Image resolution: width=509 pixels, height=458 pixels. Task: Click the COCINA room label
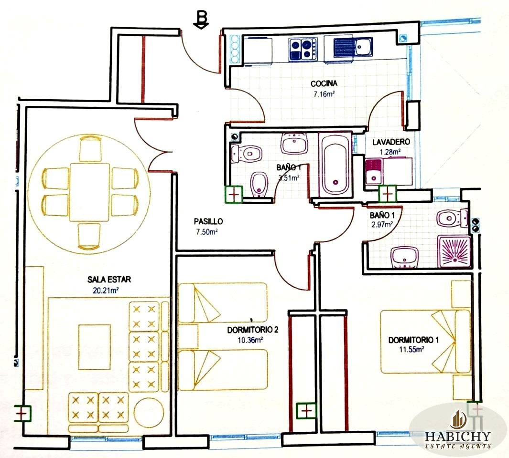click(324, 83)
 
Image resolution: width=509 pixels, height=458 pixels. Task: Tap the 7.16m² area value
click(324, 94)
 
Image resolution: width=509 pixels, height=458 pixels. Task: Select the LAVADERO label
click(391, 142)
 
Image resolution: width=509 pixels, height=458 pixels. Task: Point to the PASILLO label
click(208, 221)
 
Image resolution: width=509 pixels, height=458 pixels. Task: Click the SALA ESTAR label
click(109, 280)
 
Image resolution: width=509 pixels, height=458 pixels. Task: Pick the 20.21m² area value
click(106, 291)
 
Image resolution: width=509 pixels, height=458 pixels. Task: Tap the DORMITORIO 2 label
click(252, 330)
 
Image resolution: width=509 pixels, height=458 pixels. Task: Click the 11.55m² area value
click(412, 350)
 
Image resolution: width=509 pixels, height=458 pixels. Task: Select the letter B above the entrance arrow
click(202, 17)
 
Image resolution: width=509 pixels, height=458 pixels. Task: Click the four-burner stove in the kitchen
click(303, 49)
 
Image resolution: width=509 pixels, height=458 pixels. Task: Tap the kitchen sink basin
click(364, 46)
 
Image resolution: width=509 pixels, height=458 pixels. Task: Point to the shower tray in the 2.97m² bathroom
click(454, 251)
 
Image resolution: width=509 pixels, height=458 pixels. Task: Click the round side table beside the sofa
click(148, 413)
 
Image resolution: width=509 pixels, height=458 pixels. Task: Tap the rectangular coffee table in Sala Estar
click(95, 347)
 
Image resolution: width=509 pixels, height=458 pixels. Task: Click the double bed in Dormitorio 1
click(425, 342)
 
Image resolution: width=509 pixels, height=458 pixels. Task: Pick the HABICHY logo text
click(458, 436)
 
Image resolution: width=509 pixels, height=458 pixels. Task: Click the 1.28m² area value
click(390, 152)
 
